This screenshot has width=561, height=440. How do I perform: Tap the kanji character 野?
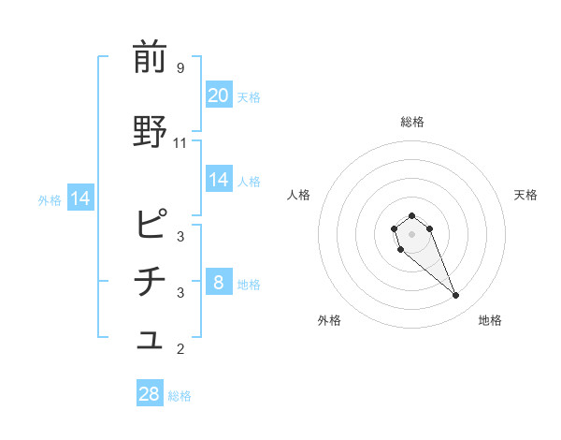point(151,132)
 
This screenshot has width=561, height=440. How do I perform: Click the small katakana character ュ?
point(151,343)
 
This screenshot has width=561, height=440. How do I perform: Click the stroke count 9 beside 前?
point(180,67)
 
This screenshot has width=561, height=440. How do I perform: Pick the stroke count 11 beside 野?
point(180,143)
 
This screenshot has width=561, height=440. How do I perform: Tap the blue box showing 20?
point(219,95)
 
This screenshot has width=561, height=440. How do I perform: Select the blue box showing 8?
point(219,283)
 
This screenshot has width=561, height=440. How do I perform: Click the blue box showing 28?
point(150,394)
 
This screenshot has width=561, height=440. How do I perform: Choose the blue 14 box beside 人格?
point(219,180)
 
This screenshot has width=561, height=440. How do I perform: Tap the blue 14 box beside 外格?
point(79,198)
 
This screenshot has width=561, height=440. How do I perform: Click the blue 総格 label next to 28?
point(180,396)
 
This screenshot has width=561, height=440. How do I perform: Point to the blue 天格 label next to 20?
point(249,96)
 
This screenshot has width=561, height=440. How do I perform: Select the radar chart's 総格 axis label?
point(412,122)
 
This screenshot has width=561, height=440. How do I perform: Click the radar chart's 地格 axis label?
point(490,320)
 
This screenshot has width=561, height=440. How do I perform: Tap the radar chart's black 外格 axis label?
point(329,320)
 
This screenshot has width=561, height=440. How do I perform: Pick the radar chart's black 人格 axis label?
point(299,195)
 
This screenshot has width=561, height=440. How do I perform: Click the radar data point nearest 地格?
point(456,296)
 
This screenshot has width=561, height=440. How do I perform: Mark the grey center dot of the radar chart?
point(411,233)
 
